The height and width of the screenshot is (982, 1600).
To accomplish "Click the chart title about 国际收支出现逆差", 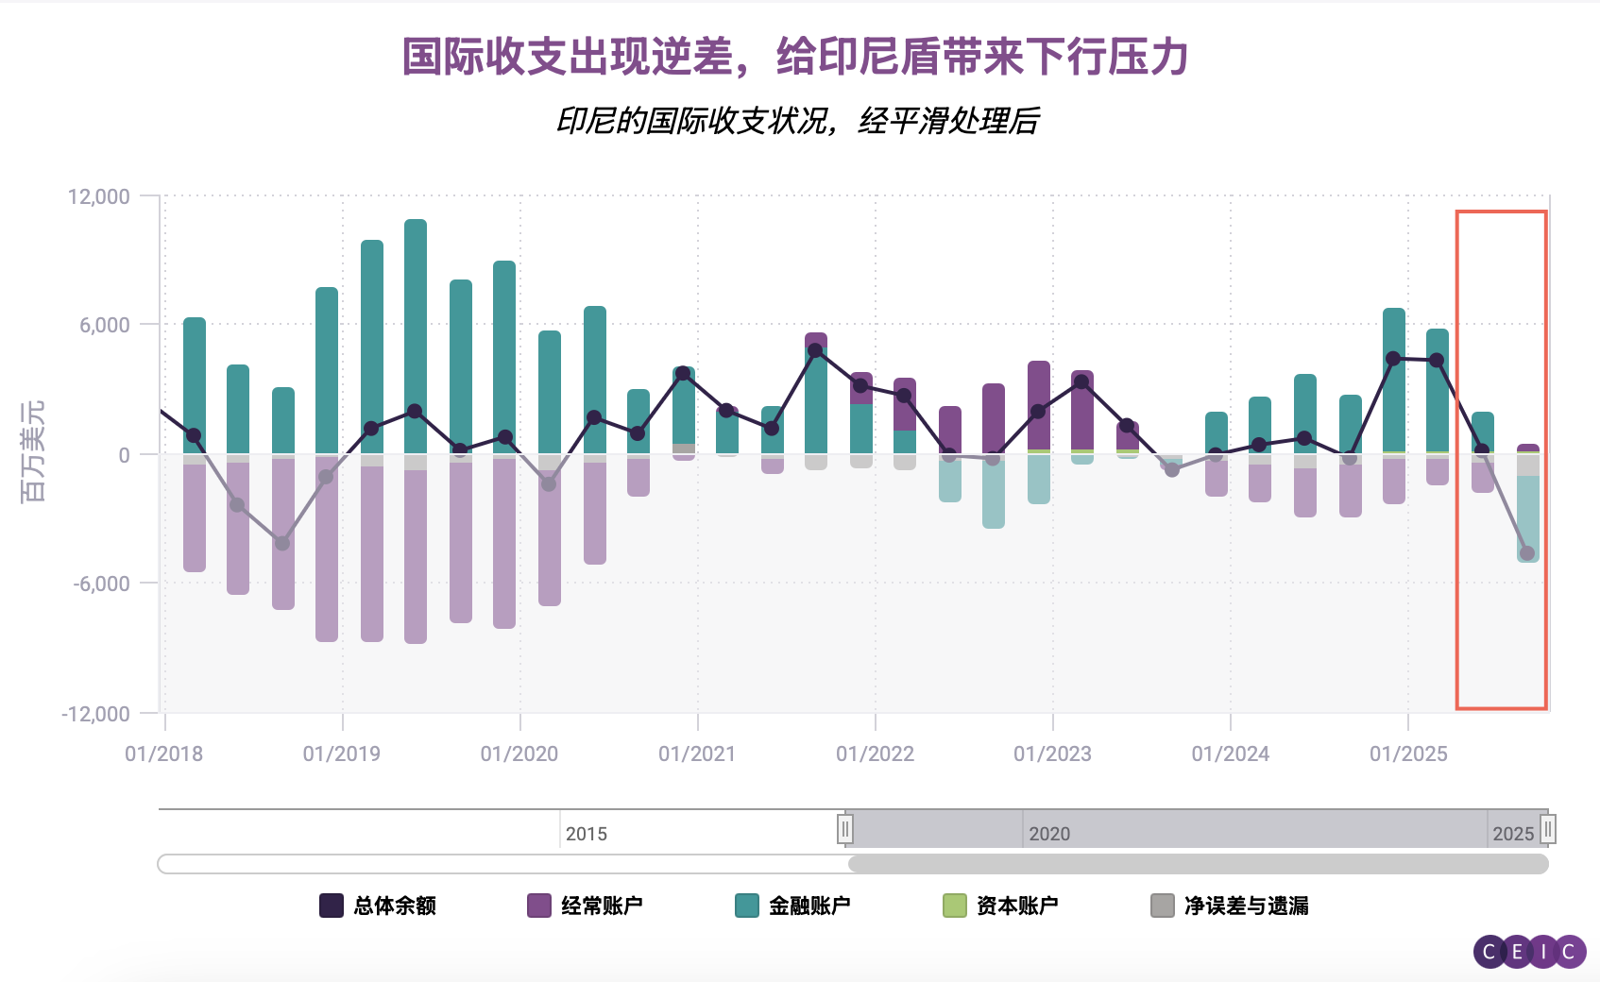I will pyautogui.click(x=794, y=57).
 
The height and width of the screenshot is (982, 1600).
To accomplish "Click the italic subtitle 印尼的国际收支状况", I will pyautogui.click(x=798, y=121).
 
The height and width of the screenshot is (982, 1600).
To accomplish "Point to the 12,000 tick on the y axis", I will pyautogui.click(x=98, y=196).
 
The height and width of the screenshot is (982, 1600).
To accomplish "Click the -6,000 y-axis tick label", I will pyautogui.click(x=101, y=584).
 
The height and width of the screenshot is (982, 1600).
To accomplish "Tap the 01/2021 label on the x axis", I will pyautogui.click(x=697, y=753).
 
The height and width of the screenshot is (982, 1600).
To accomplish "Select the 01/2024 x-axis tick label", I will pyautogui.click(x=1230, y=753).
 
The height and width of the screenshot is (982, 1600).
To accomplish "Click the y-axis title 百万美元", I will pyautogui.click(x=32, y=451).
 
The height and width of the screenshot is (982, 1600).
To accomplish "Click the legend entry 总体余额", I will pyautogui.click(x=378, y=906).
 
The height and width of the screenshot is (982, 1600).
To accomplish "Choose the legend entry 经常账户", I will pyautogui.click(x=586, y=906).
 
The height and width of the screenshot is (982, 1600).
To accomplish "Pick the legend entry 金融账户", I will pyautogui.click(x=793, y=906).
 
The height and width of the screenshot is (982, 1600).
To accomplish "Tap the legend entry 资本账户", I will pyautogui.click(x=1001, y=906).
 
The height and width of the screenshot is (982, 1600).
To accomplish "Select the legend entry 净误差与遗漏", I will pyautogui.click(x=1230, y=906).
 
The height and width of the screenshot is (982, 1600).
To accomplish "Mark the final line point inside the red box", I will pyautogui.click(x=1527, y=553).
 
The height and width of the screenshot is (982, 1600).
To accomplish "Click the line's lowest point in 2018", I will pyautogui.click(x=281, y=543).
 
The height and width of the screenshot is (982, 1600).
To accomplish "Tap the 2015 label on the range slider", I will pyautogui.click(x=586, y=834).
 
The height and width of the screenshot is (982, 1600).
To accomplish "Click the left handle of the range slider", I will pyautogui.click(x=845, y=829).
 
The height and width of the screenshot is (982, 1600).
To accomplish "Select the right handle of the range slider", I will pyautogui.click(x=1547, y=829).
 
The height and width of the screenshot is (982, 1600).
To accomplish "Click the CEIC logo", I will pyautogui.click(x=1530, y=952).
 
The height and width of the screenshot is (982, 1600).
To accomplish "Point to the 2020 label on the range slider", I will pyautogui.click(x=1048, y=834).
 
